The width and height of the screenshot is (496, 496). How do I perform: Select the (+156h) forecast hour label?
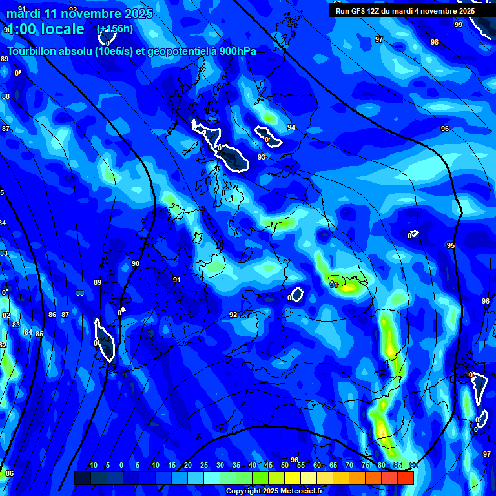coord(114,29)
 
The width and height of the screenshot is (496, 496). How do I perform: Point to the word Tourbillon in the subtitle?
coord(32,52)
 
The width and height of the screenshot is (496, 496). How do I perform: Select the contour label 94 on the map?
coord(291,127)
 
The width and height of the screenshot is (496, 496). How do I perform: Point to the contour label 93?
coord(262,157)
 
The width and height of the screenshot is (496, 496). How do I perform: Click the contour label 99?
coord(459,25)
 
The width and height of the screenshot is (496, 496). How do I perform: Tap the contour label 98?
coord(435,42)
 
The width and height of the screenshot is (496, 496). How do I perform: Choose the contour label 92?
coord(233,315)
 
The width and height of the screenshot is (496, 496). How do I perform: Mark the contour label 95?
coord(450,245)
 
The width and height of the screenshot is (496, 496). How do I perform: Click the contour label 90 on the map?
coord(136,263)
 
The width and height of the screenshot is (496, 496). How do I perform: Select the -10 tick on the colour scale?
coord(91,466)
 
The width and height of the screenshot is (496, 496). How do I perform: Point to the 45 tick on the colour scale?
coord(268,466)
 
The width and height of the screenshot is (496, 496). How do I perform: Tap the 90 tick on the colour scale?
coord(413,466)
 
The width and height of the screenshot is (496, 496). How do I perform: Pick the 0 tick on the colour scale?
coord(121,466)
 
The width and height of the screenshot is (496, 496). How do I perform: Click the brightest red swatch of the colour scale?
coord(405,478)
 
